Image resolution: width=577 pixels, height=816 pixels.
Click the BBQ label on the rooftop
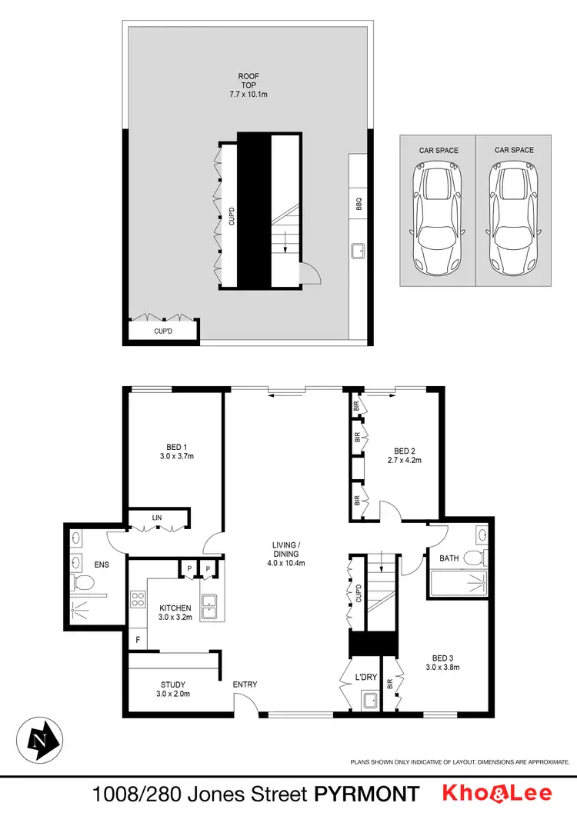(359, 205)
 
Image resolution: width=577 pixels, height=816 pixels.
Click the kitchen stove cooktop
(139, 598)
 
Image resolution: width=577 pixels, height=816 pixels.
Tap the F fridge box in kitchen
(138, 639)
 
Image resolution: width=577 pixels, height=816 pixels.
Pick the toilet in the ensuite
(78, 585)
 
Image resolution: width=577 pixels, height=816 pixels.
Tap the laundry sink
(369, 700)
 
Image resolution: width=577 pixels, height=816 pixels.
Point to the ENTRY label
(245, 684)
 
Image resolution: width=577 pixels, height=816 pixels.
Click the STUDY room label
(172, 684)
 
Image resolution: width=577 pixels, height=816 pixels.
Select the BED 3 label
(442, 658)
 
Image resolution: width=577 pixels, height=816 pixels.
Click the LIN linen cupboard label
(157, 518)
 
